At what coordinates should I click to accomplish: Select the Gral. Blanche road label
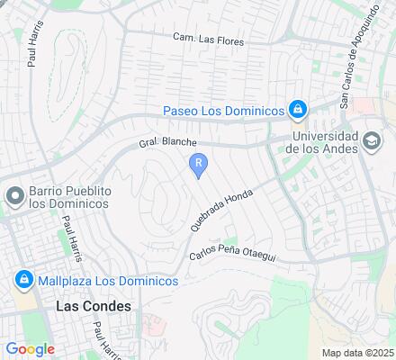pos(166,143)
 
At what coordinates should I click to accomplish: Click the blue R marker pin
pos(198,165)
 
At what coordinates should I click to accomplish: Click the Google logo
pos(30,348)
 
